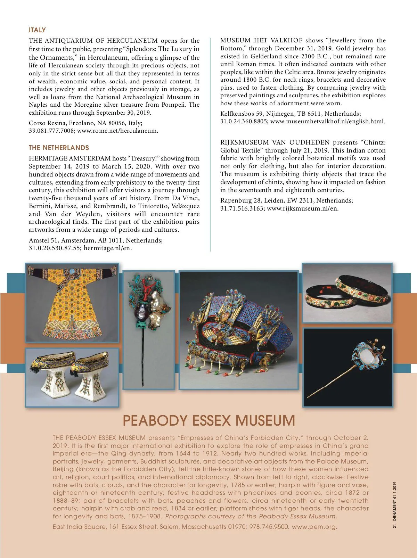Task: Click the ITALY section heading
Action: point(37,30)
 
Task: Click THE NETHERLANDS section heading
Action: point(59,148)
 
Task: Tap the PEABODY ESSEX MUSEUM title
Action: point(209,420)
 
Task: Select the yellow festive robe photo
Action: point(72,302)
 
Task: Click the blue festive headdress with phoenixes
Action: point(238,330)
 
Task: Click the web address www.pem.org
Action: point(314,527)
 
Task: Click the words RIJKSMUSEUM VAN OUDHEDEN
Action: point(275,142)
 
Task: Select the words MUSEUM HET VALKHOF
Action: point(261,41)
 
